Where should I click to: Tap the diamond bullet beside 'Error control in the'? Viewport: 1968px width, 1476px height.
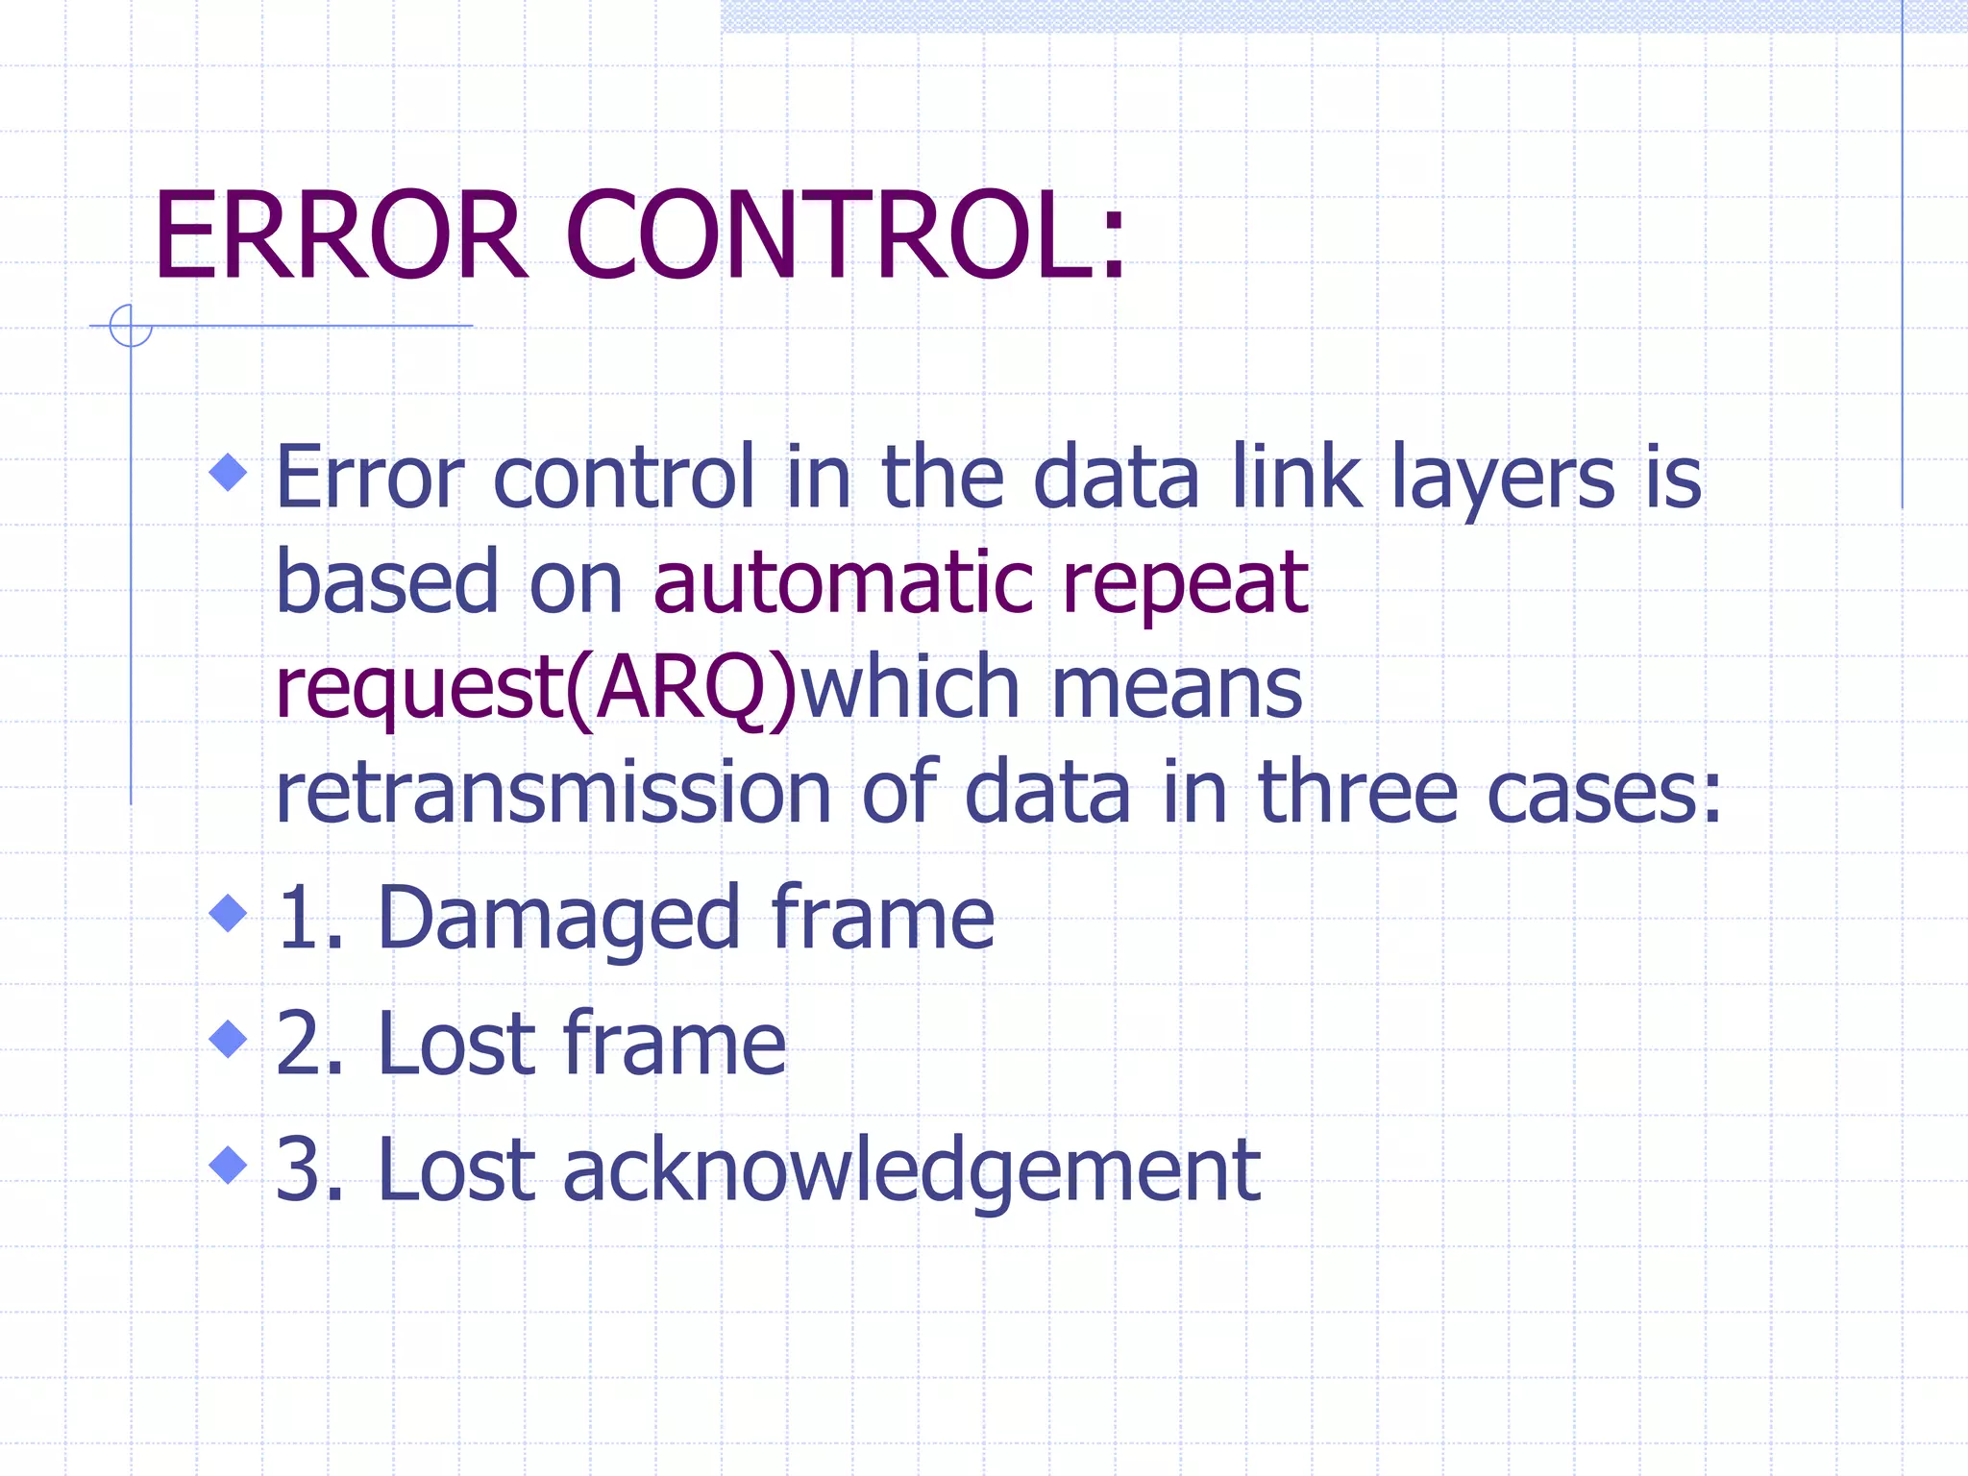click(229, 472)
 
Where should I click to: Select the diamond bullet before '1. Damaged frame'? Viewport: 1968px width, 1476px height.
click(229, 912)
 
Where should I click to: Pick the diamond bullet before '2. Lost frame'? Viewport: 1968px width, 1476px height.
click(229, 1038)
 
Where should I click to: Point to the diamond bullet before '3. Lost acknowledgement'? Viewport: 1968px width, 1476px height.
click(229, 1165)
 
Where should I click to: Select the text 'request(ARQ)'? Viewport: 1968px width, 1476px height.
click(536, 690)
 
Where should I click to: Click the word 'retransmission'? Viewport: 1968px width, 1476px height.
click(553, 794)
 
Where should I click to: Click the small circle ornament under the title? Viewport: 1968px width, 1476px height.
click(131, 326)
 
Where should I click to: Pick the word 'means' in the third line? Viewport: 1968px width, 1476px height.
click(1177, 690)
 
